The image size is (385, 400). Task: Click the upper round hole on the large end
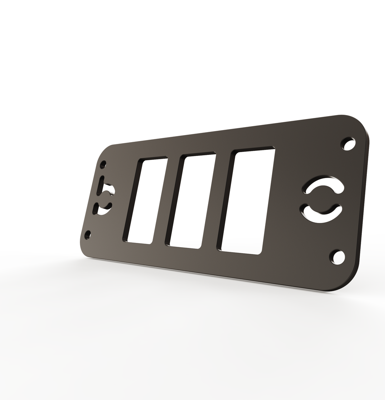(349, 144)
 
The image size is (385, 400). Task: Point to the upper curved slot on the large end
(324, 182)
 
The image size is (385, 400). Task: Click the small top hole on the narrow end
(103, 165)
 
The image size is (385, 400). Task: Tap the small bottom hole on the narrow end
(87, 235)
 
